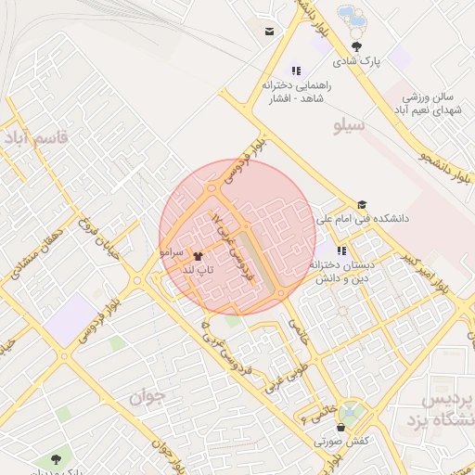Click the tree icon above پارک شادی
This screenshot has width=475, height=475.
(x=357, y=46)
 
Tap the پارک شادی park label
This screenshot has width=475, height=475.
(x=357, y=62)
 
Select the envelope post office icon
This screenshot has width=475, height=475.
(x=269, y=32)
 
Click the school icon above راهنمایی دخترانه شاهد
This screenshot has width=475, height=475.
(x=297, y=70)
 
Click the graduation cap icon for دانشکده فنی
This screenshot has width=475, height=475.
(x=362, y=205)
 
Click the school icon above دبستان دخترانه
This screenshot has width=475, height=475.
(x=341, y=250)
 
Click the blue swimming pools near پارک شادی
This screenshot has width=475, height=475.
(x=352, y=16)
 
